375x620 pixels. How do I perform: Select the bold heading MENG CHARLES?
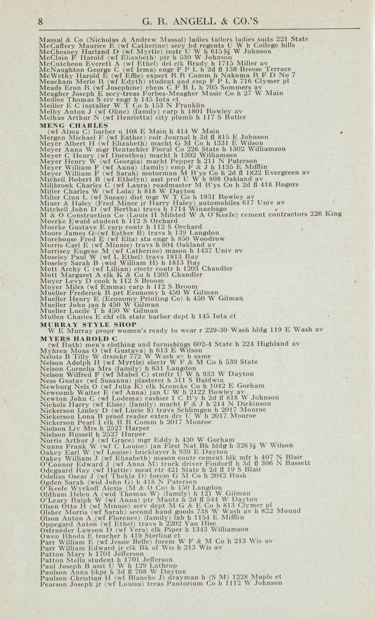coord(74,125)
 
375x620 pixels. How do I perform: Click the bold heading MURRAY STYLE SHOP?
coord(88,323)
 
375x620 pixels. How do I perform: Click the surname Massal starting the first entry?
coord(50,39)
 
